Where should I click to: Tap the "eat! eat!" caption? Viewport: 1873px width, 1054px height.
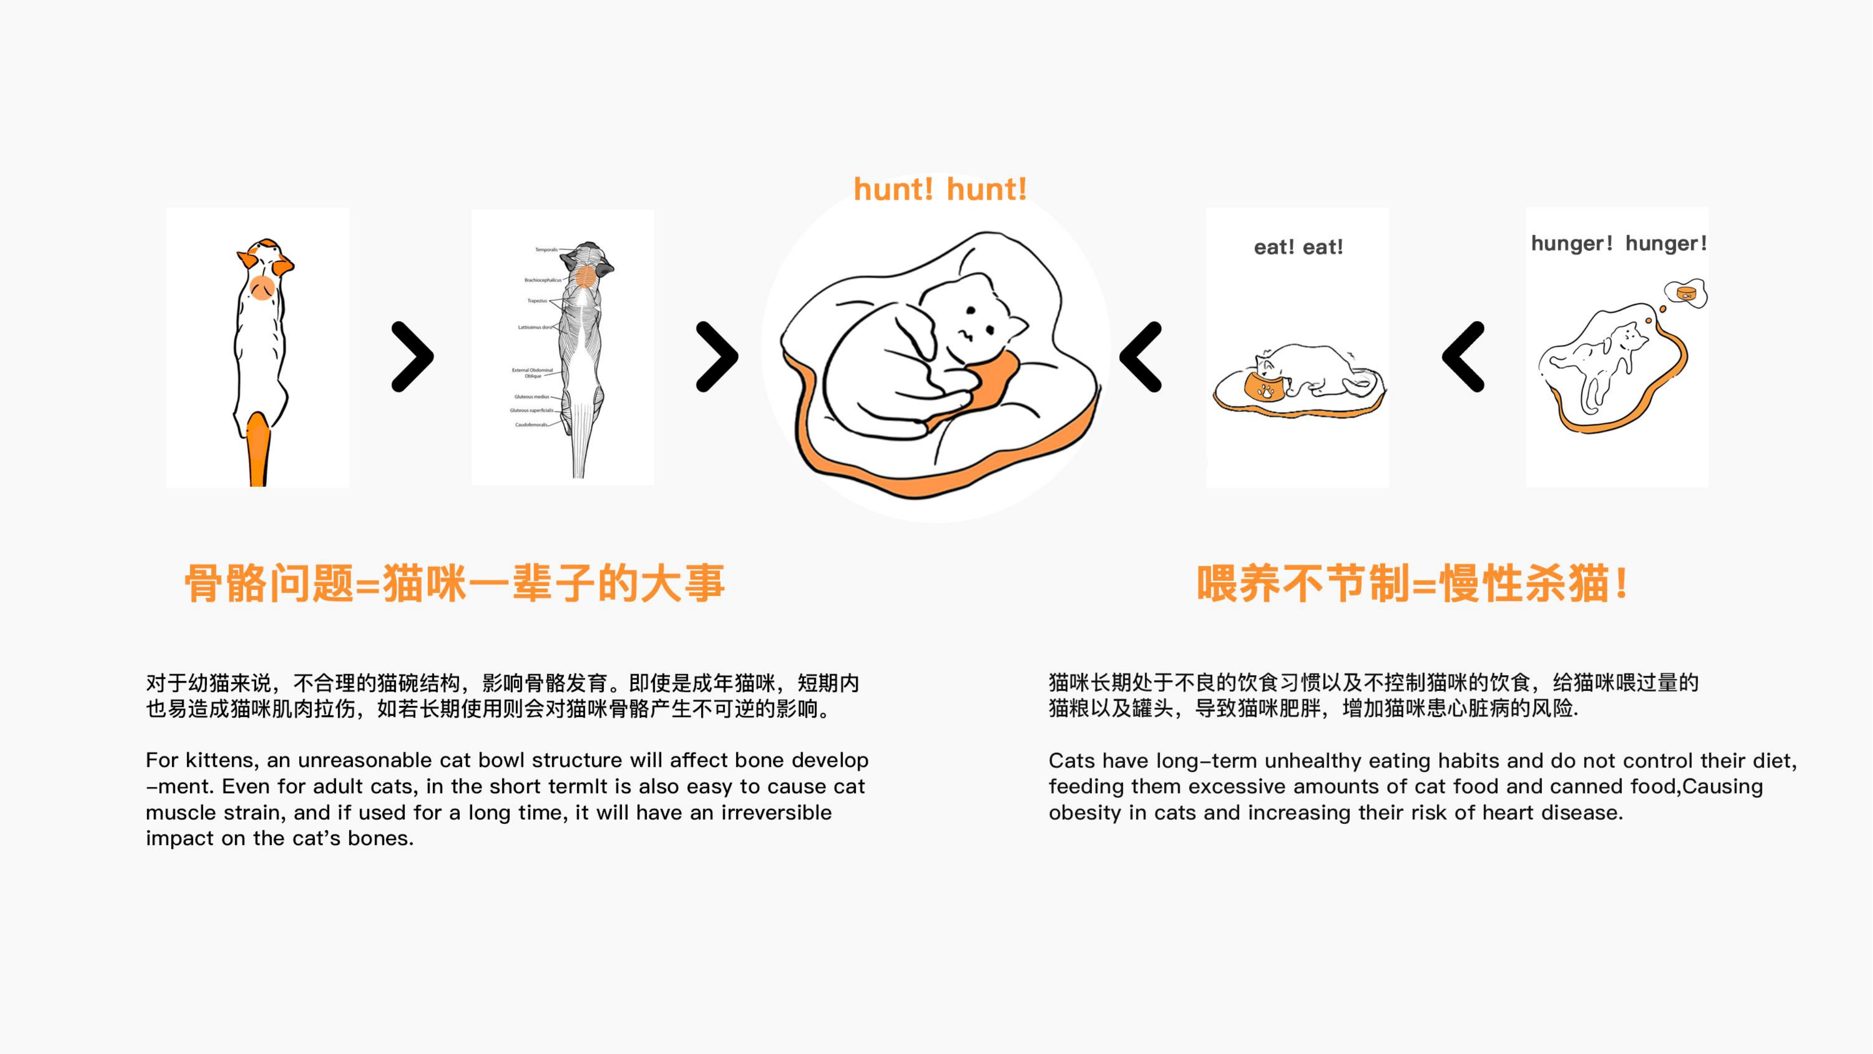1298,247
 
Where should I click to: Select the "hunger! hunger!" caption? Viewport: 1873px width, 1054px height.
1619,243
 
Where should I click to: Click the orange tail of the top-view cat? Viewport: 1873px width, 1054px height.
258,447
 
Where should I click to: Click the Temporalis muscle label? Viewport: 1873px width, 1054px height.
546,250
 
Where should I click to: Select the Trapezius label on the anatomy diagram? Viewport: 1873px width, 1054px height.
538,300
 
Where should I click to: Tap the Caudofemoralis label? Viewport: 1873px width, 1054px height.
531,425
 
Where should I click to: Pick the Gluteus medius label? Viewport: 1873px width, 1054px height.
531,397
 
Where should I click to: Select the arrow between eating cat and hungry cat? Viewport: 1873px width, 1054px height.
1463,356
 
